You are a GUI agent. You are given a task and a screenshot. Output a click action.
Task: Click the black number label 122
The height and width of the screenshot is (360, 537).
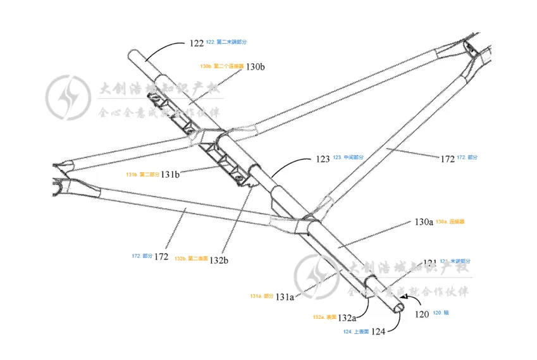[196, 44]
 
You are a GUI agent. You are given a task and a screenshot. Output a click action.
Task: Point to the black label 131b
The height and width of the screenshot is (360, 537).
[170, 173]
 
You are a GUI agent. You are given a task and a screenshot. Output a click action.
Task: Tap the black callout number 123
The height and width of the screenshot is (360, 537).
[323, 159]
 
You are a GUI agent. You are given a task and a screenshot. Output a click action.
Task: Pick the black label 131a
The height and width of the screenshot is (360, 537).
[285, 296]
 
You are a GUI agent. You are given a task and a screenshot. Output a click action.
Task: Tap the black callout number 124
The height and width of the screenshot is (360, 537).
[378, 331]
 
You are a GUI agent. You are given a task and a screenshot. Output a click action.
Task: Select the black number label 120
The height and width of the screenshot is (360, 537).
[421, 313]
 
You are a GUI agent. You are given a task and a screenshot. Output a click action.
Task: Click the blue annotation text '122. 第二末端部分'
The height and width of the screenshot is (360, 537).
[226, 42]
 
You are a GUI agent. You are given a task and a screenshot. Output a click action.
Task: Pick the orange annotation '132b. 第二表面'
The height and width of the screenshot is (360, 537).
[189, 259]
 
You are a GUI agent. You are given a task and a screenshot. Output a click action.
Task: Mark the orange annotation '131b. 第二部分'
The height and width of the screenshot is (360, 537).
[142, 173]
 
